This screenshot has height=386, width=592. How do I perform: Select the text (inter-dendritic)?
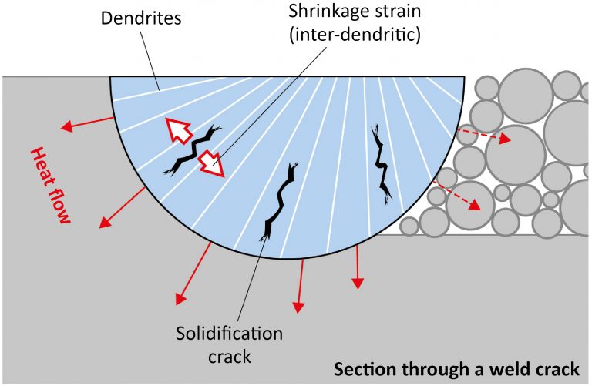tap(354, 37)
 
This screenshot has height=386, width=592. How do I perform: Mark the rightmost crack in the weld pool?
tap(379, 163)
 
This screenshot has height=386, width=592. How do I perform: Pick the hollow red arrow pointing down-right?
tap(211, 163)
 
